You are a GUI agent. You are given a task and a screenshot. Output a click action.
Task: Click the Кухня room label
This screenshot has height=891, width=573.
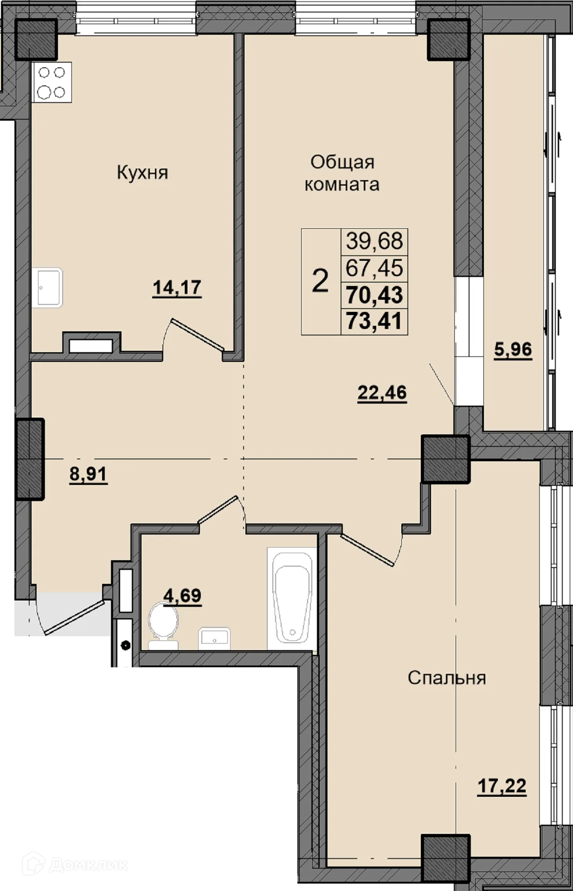[142, 173]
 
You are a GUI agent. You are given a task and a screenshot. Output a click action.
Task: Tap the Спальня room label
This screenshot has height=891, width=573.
[447, 678]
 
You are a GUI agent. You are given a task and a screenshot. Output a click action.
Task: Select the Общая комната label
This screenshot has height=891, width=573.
[342, 173]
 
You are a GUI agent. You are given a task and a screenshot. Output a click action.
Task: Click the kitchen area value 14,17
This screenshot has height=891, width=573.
[177, 288]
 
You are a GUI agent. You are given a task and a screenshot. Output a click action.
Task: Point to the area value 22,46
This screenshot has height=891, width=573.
[382, 393]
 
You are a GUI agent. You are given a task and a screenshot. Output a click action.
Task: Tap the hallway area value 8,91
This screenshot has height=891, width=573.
[88, 474]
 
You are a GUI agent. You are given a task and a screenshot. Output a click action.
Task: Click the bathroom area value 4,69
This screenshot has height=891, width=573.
[183, 595]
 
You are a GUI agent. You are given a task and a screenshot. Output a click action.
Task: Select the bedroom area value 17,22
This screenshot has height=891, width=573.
[502, 786]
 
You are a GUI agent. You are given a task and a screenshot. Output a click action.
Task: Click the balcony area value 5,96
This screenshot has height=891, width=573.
[513, 349]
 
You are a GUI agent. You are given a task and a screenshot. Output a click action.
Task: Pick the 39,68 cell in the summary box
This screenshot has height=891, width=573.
[374, 241]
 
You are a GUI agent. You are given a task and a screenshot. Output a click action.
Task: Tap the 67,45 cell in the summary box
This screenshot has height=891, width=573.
[374, 268]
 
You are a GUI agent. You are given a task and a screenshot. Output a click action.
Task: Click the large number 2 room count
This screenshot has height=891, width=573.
[321, 281]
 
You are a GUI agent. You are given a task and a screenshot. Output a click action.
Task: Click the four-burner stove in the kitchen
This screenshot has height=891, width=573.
[52, 82]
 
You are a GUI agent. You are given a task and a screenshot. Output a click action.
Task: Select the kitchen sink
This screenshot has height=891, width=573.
[47, 287]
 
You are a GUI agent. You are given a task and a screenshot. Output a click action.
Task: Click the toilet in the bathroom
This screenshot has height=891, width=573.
[163, 624]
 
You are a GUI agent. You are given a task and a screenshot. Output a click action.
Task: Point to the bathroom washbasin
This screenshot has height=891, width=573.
[214, 639]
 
